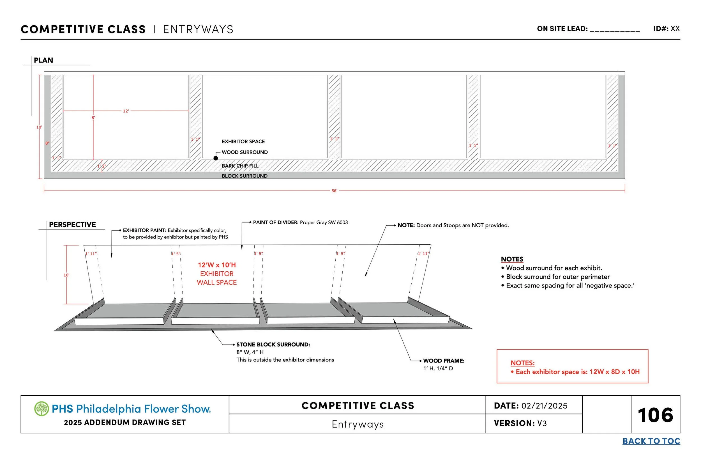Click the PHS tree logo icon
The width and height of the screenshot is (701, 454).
click(41, 409)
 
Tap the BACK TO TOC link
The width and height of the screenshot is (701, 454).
click(651, 441)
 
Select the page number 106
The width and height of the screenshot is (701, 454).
click(655, 415)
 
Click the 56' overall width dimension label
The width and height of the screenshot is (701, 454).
click(334, 191)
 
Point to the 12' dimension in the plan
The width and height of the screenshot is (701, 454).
click(126, 111)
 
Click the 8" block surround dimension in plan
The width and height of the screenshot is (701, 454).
click(47, 143)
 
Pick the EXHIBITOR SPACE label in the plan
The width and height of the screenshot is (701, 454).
click(243, 141)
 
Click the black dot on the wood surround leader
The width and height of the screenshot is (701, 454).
click(216, 158)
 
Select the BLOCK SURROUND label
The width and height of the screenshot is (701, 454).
click(245, 176)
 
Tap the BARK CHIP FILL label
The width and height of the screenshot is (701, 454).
click(240, 166)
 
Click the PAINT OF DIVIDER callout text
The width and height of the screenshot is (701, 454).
click(300, 222)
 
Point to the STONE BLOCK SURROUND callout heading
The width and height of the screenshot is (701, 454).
click(273, 344)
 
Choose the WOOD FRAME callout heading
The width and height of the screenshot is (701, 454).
click(444, 361)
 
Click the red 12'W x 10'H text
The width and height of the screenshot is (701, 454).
click(217, 265)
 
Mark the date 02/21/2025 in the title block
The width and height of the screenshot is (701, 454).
click(544, 406)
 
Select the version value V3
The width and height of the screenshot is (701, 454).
click(542, 423)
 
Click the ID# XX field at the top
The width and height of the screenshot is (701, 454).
click(667, 29)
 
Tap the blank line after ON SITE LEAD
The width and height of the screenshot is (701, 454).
click(615, 29)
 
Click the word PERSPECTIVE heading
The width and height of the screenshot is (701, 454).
click(72, 225)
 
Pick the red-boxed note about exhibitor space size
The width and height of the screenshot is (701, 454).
click(575, 372)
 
